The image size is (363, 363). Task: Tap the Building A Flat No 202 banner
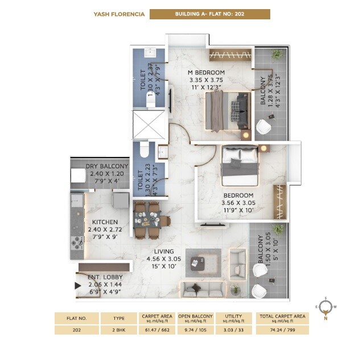point(209,14)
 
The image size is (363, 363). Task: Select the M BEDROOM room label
point(207,72)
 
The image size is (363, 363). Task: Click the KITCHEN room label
point(105,222)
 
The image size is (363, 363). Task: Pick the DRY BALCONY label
point(108,166)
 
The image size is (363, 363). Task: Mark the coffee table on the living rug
point(198,263)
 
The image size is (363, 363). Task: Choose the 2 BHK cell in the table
point(119,330)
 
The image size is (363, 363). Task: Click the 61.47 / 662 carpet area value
point(158,330)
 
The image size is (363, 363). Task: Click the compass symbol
point(324,308)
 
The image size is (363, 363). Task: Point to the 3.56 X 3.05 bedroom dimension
point(239,203)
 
